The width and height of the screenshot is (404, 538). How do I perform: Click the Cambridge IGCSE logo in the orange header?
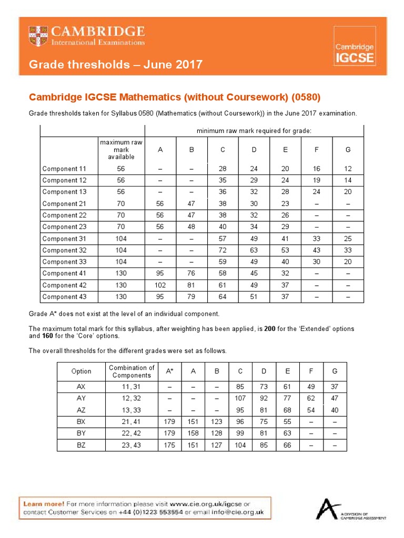click(355, 47)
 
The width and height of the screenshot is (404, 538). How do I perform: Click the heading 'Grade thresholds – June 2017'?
click(115, 65)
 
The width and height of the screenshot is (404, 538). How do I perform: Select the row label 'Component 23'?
click(64, 227)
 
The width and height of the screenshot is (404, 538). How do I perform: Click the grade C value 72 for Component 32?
click(223, 250)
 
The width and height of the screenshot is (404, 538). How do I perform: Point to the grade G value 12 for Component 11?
click(348, 169)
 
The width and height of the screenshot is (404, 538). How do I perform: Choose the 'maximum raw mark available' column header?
click(122, 150)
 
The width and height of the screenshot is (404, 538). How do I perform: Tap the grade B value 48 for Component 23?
click(191, 227)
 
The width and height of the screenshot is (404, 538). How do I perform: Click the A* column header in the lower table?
click(170, 371)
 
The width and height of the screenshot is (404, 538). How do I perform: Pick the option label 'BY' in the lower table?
click(81, 433)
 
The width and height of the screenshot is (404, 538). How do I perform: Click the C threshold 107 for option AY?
click(240, 398)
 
